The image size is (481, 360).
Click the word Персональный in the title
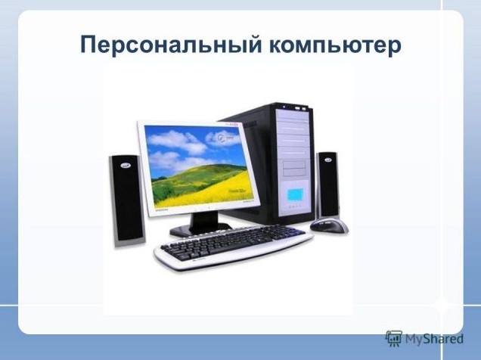tap(171, 45)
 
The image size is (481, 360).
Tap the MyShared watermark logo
tap(424, 339)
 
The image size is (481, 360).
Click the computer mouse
tap(329, 225)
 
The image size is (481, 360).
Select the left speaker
tap(127, 200)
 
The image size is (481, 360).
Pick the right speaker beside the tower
tap(327, 185)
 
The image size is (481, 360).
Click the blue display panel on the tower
tap(295, 194)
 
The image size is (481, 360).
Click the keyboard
tap(233, 247)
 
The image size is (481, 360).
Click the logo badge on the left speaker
tap(126, 165)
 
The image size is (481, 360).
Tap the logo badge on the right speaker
tap(327, 160)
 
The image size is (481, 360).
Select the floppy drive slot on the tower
tap(294, 169)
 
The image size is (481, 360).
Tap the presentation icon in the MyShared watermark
tap(394, 339)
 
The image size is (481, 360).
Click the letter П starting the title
tap(89, 45)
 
